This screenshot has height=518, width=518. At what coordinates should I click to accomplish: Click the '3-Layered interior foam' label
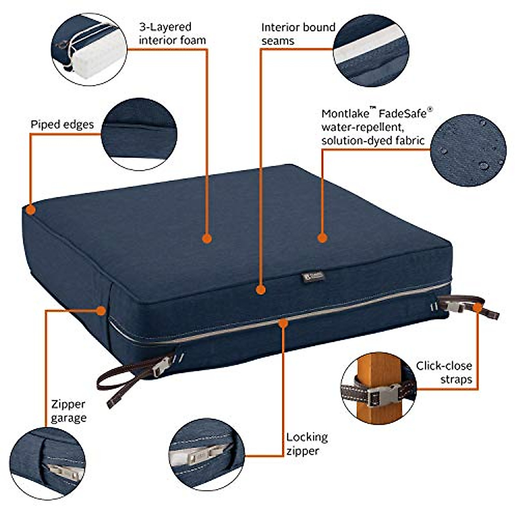pyautogui.click(x=172, y=34)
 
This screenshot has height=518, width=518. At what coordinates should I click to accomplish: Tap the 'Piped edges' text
pyautogui.click(x=62, y=125)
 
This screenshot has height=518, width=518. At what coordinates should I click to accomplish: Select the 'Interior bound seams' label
pyautogui.click(x=298, y=34)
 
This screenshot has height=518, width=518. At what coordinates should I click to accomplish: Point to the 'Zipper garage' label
pyautogui.click(x=69, y=411)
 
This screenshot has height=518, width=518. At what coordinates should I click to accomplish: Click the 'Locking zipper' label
pyautogui.click(x=307, y=444)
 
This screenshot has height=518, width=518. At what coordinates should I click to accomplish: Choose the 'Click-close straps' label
pyautogui.click(x=444, y=373)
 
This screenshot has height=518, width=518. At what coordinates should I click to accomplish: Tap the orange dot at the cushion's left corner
pyautogui.click(x=30, y=210)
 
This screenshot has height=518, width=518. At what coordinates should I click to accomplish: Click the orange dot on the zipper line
pyautogui.click(x=283, y=322)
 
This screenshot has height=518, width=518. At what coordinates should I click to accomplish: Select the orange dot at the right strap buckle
pyautogui.click(x=477, y=307)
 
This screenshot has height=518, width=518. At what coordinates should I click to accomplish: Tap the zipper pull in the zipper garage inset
pyautogui.click(x=65, y=472)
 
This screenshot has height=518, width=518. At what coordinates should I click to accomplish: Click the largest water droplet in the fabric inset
pyautogui.click(x=484, y=165)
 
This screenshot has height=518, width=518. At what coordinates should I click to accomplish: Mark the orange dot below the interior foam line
pyautogui.click(x=207, y=238)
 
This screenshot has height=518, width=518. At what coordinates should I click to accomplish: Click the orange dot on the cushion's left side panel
pyautogui.click(x=101, y=310)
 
